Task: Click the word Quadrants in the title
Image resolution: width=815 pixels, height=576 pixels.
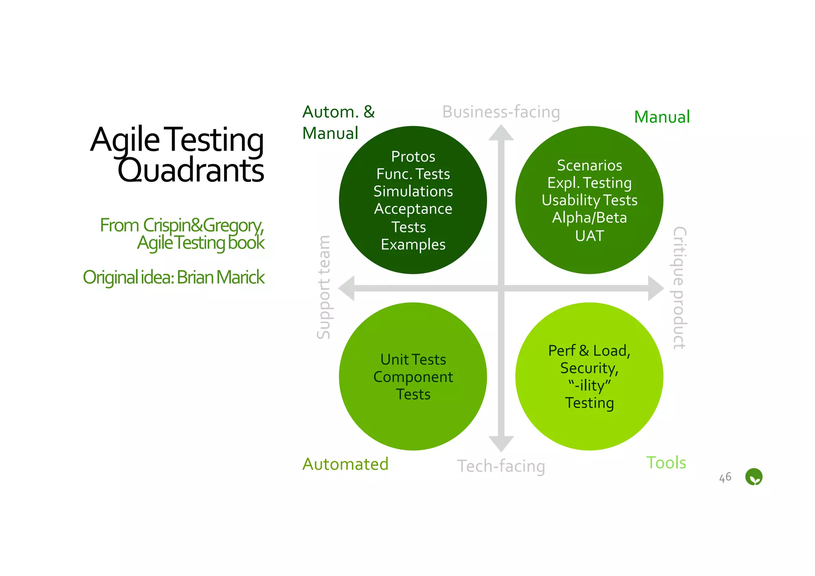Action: pyautogui.click(x=191, y=171)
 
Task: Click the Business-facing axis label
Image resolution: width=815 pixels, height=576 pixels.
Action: pyautogui.click(x=501, y=112)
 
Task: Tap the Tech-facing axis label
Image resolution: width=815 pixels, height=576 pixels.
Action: pyautogui.click(x=501, y=466)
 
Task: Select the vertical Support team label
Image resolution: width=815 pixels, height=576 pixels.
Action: pyautogui.click(x=323, y=287)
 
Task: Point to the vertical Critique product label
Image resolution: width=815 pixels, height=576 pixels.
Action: pyautogui.click(x=679, y=288)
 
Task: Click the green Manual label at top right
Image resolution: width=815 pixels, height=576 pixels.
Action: pyautogui.click(x=662, y=117)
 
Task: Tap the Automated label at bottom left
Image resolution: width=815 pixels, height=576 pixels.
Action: pyautogui.click(x=345, y=464)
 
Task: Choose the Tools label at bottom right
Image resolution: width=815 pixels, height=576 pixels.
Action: pyautogui.click(x=666, y=463)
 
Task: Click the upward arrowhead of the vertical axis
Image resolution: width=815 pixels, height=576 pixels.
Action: pyautogui.click(x=501, y=133)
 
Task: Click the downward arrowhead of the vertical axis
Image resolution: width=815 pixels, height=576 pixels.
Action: pyautogui.click(x=501, y=443)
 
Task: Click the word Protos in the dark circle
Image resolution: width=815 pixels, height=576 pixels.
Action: pyautogui.click(x=413, y=156)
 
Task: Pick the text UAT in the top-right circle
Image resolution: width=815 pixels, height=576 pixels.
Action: pyautogui.click(x=589, y=236)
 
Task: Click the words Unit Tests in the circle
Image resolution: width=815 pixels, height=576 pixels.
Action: pyautogui.click(x=413, y=359)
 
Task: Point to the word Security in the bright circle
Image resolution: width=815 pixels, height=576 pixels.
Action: pyautogui.click(x=589, y=368)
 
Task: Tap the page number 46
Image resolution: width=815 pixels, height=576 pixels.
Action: pyautogui.click(x=725, y=477)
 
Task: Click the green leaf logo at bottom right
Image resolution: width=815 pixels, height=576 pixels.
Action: pyautogui.click(x=753, y=476)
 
